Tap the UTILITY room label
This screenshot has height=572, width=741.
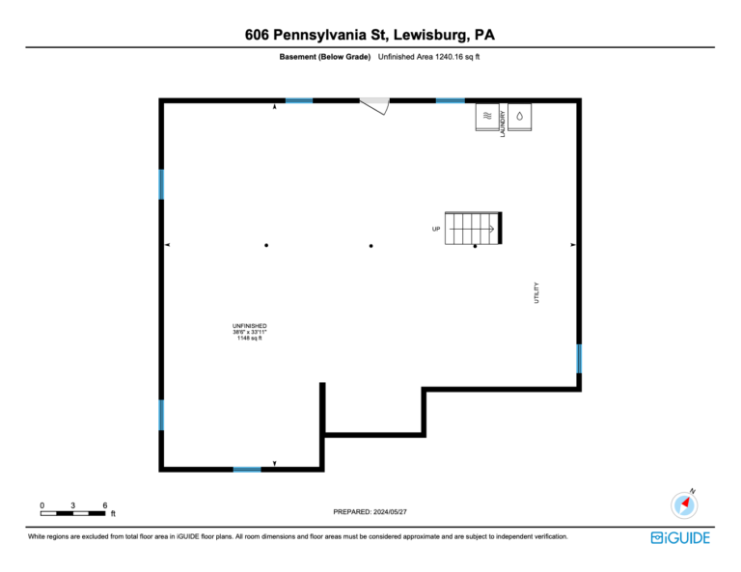point(536,293)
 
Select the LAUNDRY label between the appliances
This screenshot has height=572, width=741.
point(503,123)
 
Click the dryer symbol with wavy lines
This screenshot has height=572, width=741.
point(487,117)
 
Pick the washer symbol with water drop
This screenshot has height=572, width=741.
point(520,117)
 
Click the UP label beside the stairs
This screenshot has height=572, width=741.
point(436,229)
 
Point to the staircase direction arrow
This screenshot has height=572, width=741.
point(472,229)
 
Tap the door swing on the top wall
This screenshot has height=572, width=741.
point(375,106)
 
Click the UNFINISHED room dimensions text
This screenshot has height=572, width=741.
point(250,332)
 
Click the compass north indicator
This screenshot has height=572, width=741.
point(684,504)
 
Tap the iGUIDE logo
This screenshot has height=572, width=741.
point(680,538)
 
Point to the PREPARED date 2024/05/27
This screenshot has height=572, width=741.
point(370,511)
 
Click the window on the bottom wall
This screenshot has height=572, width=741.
point(247,470)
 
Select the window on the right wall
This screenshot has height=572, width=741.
point(579,359)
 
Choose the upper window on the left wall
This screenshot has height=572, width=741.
point(161,184)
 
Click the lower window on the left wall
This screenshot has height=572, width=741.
point(161,415)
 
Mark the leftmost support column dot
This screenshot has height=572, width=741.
point(266,245)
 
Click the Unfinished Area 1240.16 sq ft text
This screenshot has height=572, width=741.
point(428,57)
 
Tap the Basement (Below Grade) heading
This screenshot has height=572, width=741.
point(324,57)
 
